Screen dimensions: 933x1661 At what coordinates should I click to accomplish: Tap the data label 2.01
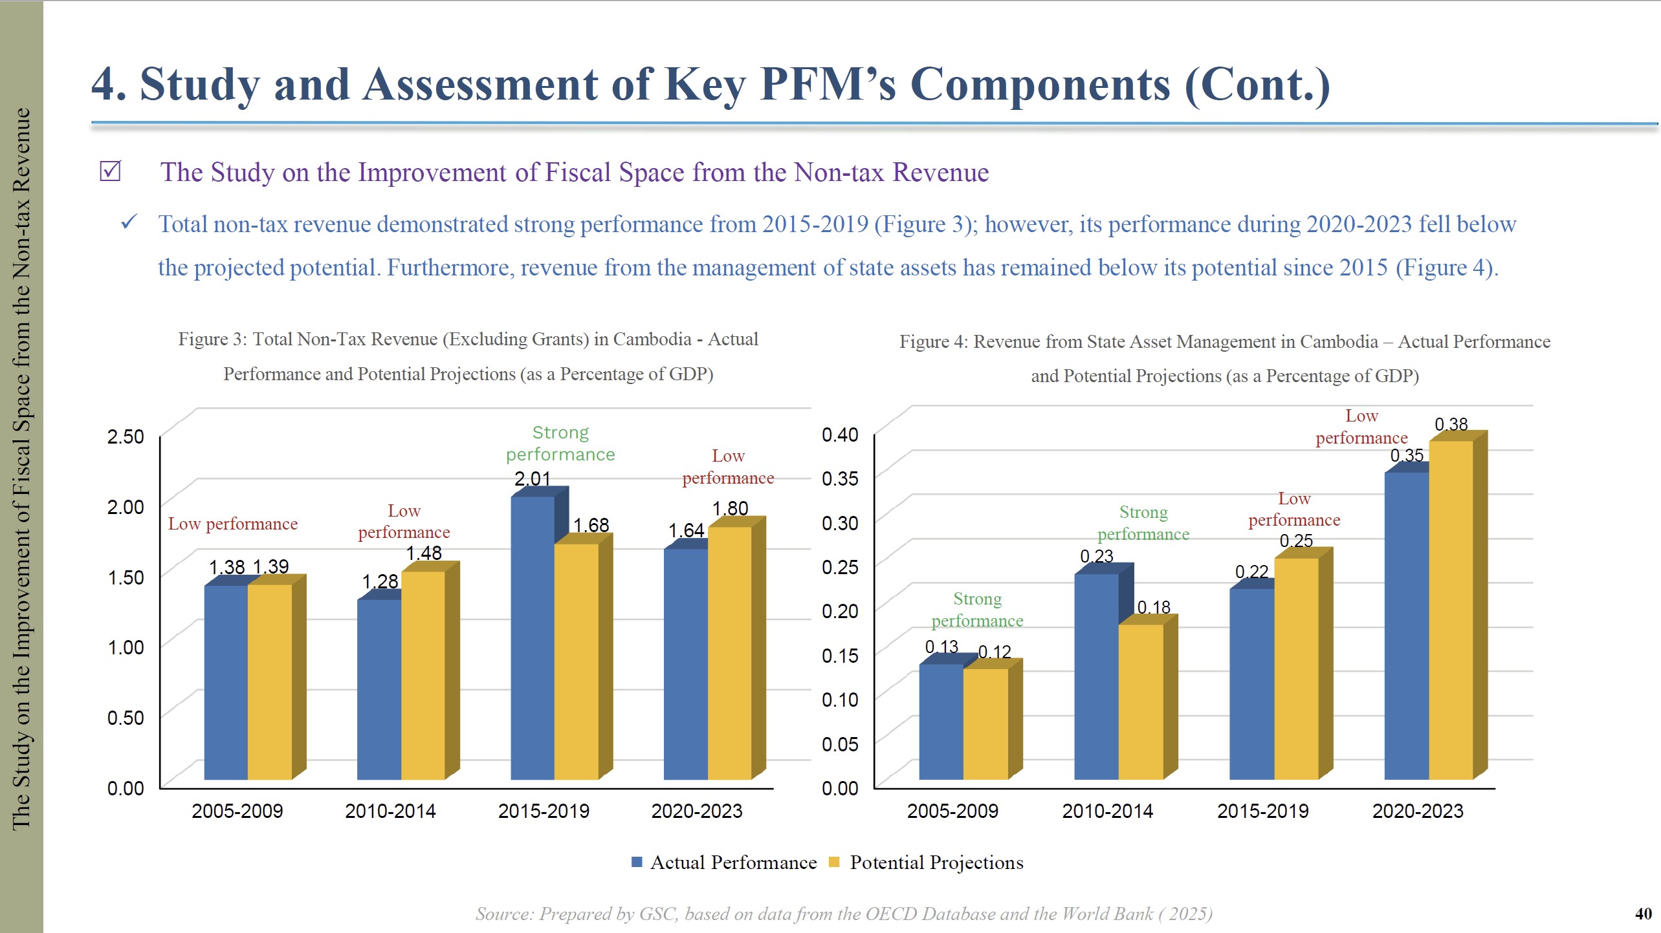click(532, 478)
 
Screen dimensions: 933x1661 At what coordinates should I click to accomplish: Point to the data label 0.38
click(1451, 424)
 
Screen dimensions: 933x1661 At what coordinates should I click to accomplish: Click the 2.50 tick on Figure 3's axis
click(126, 436)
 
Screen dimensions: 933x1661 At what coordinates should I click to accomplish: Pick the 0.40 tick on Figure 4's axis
click(839, 434)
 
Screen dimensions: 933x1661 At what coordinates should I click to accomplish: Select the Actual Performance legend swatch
click(637, 862)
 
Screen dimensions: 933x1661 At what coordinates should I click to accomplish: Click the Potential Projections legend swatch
click(834, 862)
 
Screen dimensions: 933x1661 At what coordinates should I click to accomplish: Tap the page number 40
click(1643, 914)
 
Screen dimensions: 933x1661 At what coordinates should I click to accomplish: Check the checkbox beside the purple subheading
click(110, 171)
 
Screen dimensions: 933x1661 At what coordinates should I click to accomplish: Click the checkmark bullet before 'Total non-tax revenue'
click(129, 223)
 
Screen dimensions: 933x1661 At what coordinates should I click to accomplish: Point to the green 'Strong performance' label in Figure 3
click(560, 444)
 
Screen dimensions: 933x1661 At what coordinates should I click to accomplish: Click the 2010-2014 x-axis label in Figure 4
click(1107, 811)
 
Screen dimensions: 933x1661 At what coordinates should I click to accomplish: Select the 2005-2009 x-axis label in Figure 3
click(237, 811)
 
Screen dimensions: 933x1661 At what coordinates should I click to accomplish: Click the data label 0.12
click(994, 652)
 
